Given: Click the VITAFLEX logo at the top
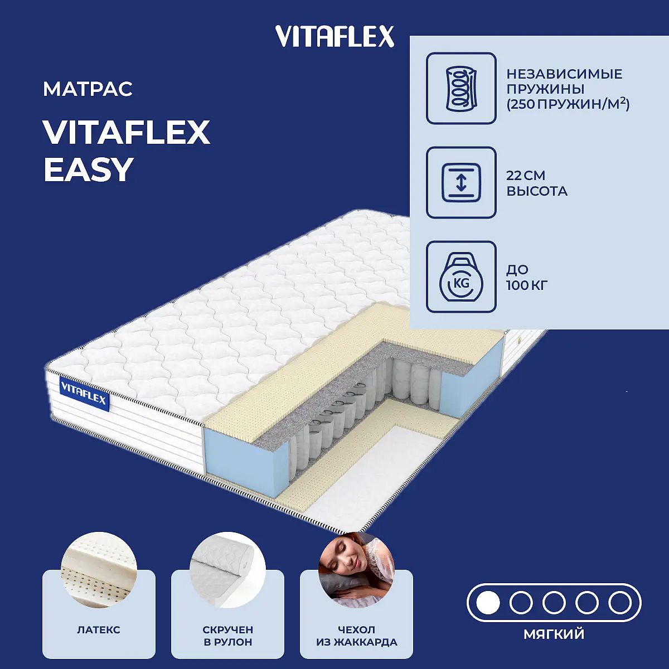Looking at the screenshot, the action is pos(334,36).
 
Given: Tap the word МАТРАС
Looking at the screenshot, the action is pos(88,89).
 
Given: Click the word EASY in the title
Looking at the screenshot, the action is pos(89,169).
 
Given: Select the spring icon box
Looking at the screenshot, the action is pos(461,88).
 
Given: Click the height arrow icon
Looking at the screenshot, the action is pos(461,182).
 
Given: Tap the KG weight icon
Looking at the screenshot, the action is pos(461,277).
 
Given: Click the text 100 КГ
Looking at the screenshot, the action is pos(527,285).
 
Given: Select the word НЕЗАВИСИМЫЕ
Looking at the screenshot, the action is pos(564,74).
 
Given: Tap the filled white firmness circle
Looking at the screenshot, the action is pos(488,603).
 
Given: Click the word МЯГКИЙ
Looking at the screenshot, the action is pos(554,634).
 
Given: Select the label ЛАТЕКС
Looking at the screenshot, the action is pos(99,630).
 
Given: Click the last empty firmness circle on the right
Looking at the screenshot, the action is pos(620,603).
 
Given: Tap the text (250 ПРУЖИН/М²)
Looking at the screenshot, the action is pos(568,104).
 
